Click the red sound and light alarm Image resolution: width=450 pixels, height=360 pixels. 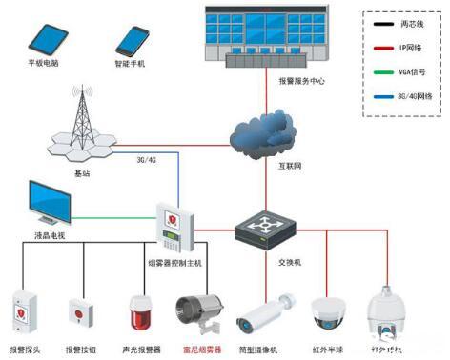(x=140, y=314)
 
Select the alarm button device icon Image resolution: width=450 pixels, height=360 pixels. (x=80, y=313)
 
